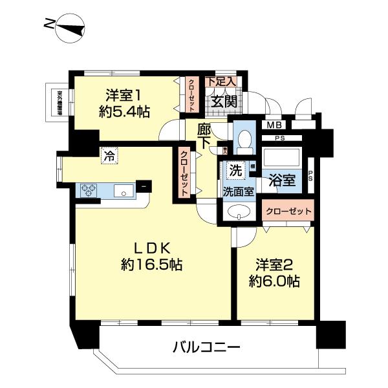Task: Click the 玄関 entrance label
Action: [x=223, y=101]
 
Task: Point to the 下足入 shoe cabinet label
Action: [x=221, y=82]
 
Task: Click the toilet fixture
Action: [x=244, y=140]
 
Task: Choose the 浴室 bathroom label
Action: [x=282, y=180]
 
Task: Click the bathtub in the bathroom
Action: [x=282, y=158]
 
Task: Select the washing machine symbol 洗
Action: [x=237, y=171]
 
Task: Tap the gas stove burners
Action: [x=89, y=190]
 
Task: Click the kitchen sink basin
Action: [x=123, y=190]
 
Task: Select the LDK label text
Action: [x=152, y=248]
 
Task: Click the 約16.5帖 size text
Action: [x=152, y=264]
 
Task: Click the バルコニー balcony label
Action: [x=207, y=347]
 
